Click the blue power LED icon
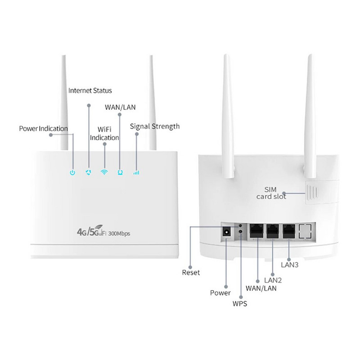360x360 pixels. click(72, 172)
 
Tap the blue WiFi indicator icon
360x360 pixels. click(104, 172)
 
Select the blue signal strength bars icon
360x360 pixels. click(136, 172)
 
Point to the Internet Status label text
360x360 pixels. click(90, 90)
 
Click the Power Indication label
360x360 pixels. click(43, 129)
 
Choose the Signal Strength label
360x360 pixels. click(155, 126)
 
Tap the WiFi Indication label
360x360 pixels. click(104, 134)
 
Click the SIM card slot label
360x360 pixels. click(271, 192)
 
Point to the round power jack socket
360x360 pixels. click(227, 233)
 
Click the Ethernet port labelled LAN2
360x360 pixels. click(272, 231)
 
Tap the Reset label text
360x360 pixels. click(190, 272)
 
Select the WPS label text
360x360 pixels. click(239, 304)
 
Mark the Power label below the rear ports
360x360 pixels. click(220, 293)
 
